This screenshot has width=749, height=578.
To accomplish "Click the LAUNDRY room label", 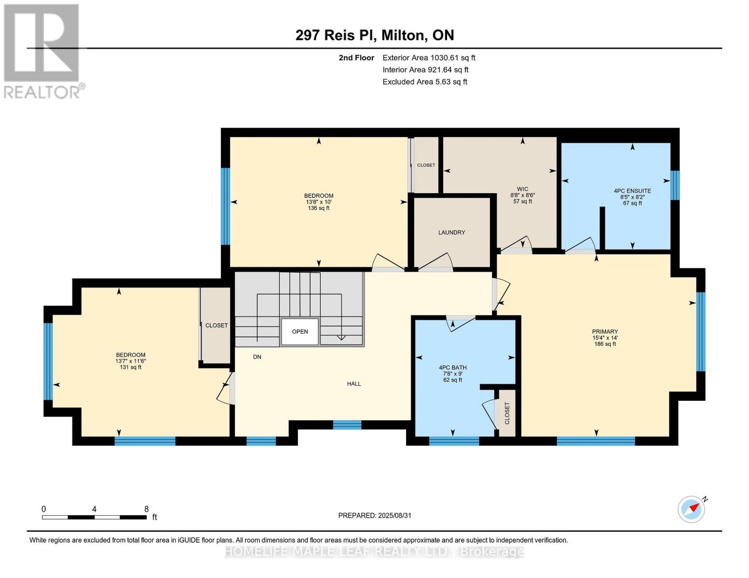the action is [x=451, y=232].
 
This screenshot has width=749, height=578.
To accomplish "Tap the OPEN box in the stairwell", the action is [x=300, y=331].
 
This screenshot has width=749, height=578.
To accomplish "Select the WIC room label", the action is [x=522, y=189].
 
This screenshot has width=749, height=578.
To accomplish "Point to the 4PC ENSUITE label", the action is [x=632, y=191].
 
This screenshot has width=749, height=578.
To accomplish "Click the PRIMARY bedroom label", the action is [x=605, y=331].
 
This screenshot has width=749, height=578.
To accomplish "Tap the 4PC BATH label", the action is [x=452, y=368].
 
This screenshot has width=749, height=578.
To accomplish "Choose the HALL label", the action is [x=354, y=383].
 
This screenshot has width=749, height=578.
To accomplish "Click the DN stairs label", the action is [x=257, y=357].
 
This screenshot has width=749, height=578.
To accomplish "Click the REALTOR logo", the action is [x=43, y=52].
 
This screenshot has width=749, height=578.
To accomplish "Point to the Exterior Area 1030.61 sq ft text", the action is [x=429, y=58].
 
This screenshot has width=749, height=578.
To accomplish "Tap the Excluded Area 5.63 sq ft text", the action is [x=424, y=82].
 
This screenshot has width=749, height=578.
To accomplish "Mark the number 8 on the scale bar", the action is [x=147, y=509].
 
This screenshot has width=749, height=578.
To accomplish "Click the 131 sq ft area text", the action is [x=131, y=368].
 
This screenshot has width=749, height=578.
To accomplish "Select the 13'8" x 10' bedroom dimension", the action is [x=318, y=202].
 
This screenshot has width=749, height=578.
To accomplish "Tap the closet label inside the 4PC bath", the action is [x=507, y=413].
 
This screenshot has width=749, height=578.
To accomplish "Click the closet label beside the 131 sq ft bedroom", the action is [x=217, y=325].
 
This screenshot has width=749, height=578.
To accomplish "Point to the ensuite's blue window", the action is [x=675, y=185].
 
